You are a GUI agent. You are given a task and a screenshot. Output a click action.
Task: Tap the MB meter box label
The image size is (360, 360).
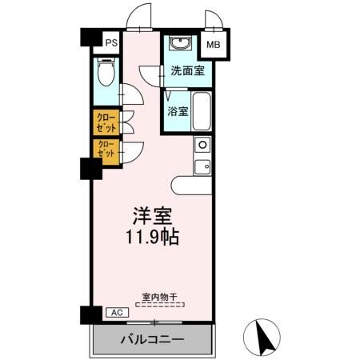[x=214, y=46]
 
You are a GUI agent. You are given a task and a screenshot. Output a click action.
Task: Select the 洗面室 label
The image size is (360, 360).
[x=186, y=70]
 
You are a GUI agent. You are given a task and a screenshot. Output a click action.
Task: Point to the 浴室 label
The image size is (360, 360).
[x=178, y=111]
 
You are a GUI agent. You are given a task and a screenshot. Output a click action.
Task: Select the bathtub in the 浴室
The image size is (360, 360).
[x=201, y=112]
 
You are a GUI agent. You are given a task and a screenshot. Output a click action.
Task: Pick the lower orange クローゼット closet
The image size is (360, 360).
[x=106, y=149]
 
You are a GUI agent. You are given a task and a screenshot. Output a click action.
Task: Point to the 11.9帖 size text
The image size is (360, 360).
[x=151, y=238]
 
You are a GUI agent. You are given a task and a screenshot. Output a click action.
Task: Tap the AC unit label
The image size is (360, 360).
[x=114, y=313]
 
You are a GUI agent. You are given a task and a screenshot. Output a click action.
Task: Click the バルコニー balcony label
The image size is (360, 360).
[x=152, y=339]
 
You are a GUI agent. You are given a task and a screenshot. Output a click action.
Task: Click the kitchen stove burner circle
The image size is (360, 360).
[x=202, y=145]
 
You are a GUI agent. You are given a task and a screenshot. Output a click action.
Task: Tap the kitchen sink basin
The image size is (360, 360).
[x=203, y=166]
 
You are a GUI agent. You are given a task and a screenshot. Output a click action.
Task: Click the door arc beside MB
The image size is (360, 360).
[x=213, y=20]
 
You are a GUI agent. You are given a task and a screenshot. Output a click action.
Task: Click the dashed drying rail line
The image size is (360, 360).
[x=158, y=303]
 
